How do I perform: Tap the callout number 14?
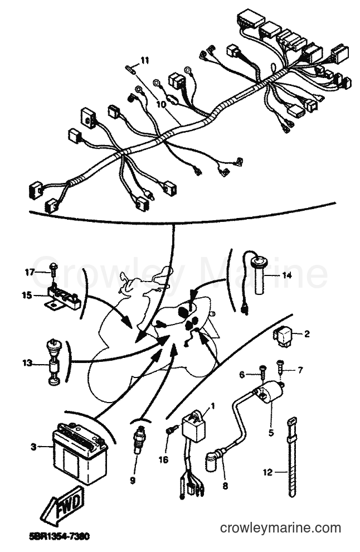point(287,275)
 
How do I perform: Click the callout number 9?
point(133,480)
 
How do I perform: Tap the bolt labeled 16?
point(169,430)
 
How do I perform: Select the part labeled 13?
point(53,362)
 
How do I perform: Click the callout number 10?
point(160,105)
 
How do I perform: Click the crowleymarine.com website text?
point(280,528)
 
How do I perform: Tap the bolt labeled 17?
point(53,273)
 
